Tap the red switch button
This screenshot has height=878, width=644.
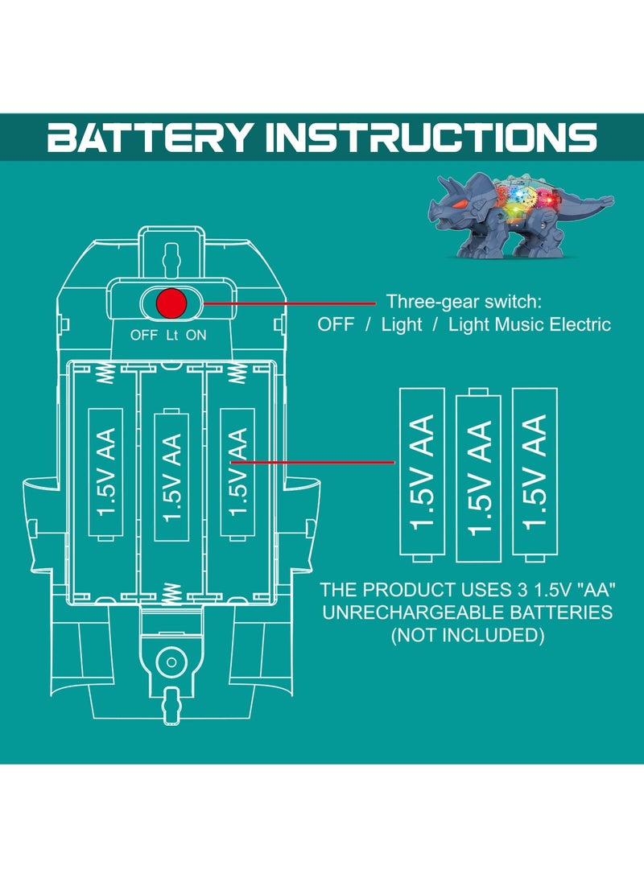171,303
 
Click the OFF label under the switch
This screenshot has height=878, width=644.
144,335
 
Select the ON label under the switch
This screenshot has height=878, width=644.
196,335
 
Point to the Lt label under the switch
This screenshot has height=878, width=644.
171,335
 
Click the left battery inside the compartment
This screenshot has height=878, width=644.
106,472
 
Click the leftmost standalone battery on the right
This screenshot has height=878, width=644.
422,473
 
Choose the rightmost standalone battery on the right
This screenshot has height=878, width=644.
535,473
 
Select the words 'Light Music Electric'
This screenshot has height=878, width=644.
530,324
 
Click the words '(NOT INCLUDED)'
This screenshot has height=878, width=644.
467,635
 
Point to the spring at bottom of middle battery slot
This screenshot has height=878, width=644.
171,595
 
